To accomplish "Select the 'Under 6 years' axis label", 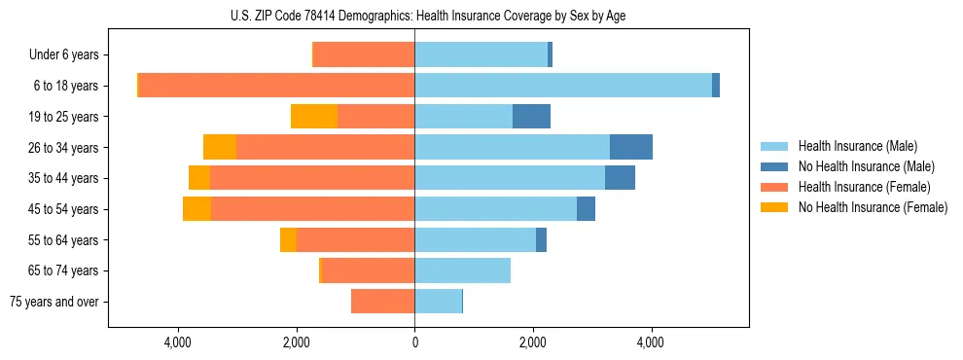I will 69,55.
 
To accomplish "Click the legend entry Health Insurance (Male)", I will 857,146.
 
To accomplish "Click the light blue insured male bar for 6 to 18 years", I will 563,86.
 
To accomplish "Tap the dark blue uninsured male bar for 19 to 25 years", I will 531,117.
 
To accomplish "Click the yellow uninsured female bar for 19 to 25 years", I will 314,117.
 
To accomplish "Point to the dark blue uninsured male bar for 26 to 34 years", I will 631,147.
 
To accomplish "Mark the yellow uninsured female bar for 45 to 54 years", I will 196,209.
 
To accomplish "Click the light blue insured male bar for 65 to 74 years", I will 462,270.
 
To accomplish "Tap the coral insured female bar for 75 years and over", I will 382,302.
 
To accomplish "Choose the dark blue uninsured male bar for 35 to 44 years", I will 620,178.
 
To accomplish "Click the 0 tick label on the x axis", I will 414,342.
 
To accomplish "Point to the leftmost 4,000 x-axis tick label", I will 178,342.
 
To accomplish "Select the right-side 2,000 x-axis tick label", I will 533,342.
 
